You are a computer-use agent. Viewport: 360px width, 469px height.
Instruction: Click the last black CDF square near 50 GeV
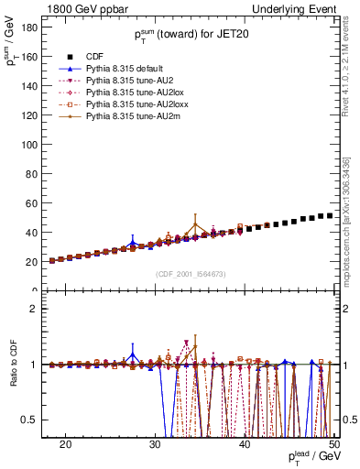330,215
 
